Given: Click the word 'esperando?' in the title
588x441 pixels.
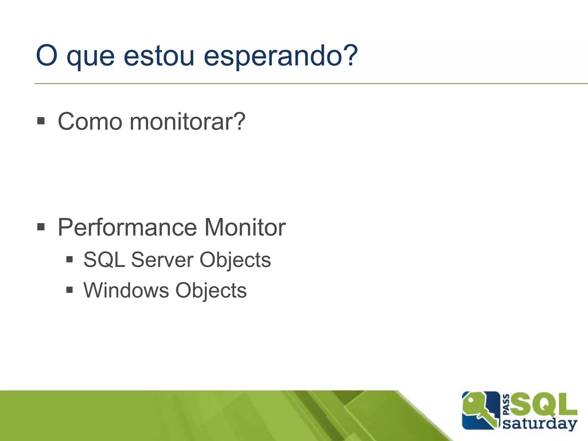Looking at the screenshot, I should [x=281, y=56].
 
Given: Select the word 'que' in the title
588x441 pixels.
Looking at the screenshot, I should [x=90, y=57].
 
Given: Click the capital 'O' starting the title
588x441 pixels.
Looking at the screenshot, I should [x=47, y=55].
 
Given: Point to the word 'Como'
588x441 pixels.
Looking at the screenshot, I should [x=90, y=122].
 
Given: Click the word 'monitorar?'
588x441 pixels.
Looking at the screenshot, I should [x=187, y=122].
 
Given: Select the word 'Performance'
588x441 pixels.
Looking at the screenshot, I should [x=127, y=227].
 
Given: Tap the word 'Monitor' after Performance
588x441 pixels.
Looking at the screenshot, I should [x=245, y=227].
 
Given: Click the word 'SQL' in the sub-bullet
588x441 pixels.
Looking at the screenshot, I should [x=104, y=260].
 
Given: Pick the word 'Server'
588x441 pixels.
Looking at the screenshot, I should [x=162, y=260].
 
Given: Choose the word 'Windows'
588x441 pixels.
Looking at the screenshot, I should [x=126, y=290].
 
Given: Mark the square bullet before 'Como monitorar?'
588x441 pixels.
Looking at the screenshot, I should [x=41, y=121].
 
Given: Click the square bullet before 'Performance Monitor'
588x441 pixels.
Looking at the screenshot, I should [x=41, y=227].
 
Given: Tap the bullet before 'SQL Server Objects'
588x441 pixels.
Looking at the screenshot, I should [x=69, y=260].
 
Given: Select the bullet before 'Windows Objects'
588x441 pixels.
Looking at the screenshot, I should [x=69, y=290].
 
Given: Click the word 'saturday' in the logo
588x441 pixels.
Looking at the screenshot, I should [x=540, y=423].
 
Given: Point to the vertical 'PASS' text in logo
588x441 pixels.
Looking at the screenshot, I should [x=506, y=405].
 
